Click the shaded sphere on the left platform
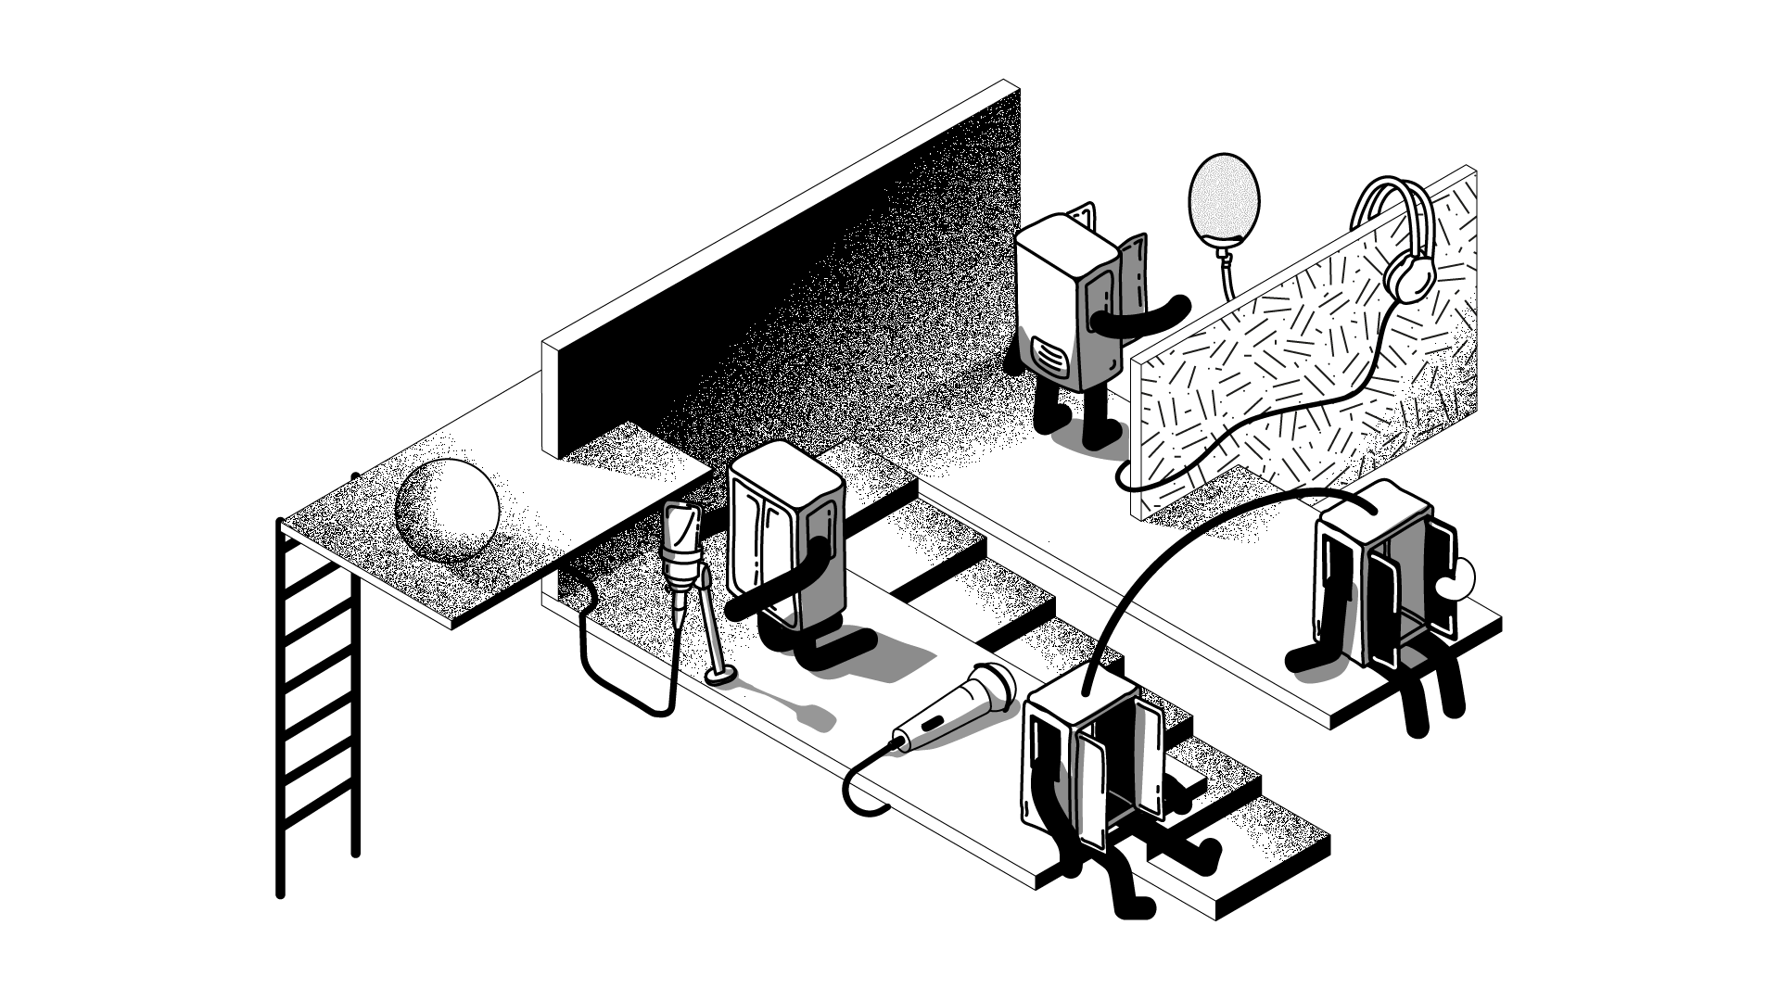click(447, 511)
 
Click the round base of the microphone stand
click(720, 678)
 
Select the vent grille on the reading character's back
click(1049, 356)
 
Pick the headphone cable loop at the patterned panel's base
click(1125, 478)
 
